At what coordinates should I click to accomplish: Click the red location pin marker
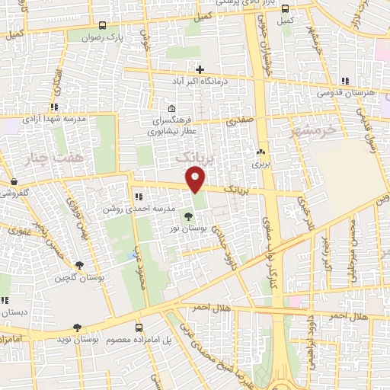click(196, 180)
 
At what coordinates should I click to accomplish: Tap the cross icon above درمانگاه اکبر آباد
click(200, 69)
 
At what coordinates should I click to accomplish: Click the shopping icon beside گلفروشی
click(15, 181)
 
